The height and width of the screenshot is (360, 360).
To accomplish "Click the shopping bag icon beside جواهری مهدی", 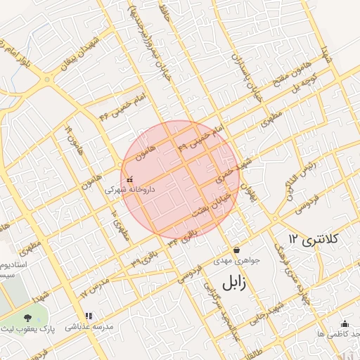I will point(236,250).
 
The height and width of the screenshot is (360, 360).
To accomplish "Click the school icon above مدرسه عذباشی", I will point(88,316).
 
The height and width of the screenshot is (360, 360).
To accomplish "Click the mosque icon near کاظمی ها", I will point(345,323).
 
